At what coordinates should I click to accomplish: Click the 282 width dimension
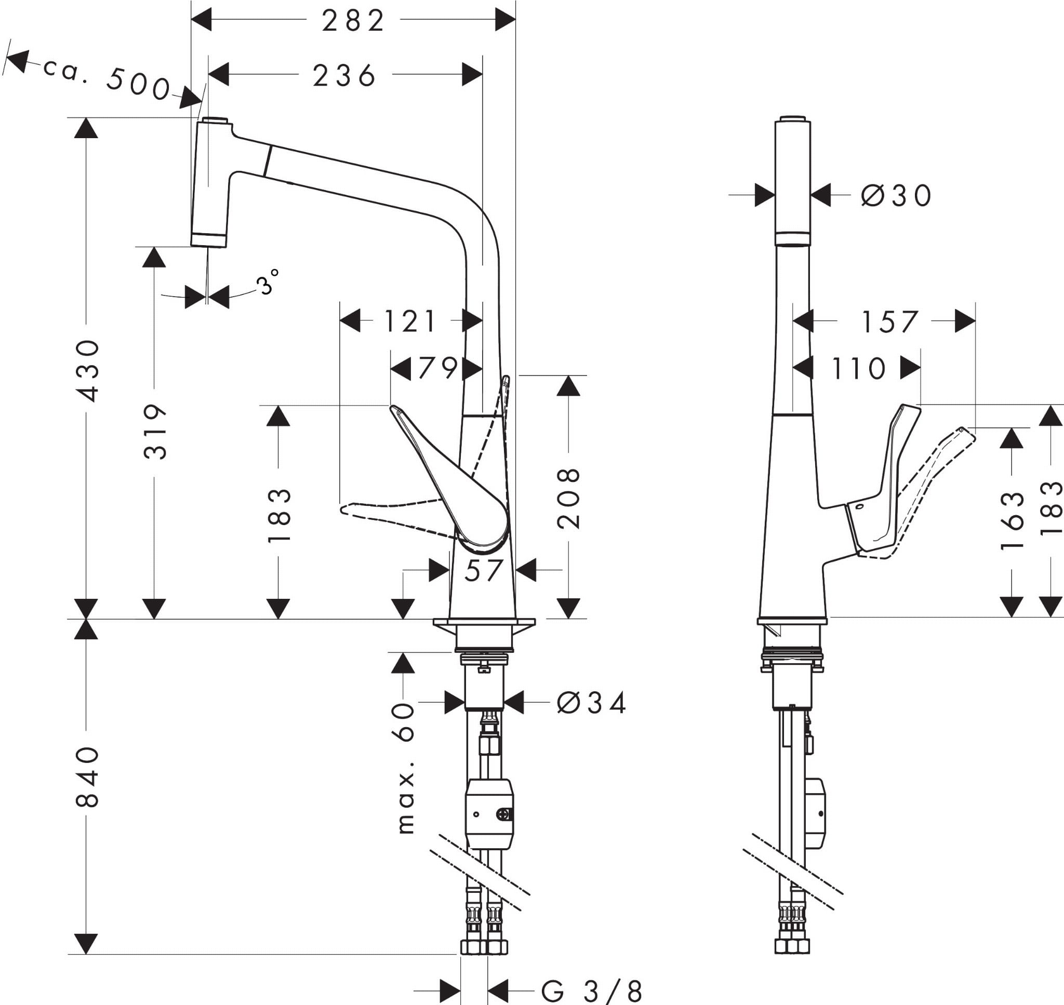pos(353,21)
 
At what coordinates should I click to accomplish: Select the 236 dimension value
pos(344,75)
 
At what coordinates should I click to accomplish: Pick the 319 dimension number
pos(155,432)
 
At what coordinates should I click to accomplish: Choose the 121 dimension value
pos(410,322)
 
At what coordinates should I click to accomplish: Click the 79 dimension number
pos(437,369)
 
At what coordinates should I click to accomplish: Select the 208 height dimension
pos(568,499)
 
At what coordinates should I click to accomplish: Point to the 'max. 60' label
pos(406,769)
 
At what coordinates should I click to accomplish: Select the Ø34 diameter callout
pos(591,703)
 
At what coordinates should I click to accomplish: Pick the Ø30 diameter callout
pos(896,195)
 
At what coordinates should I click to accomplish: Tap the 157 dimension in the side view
pos(889,322)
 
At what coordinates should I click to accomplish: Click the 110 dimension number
pos(858,369)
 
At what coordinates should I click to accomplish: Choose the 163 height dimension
pos(1012,520)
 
